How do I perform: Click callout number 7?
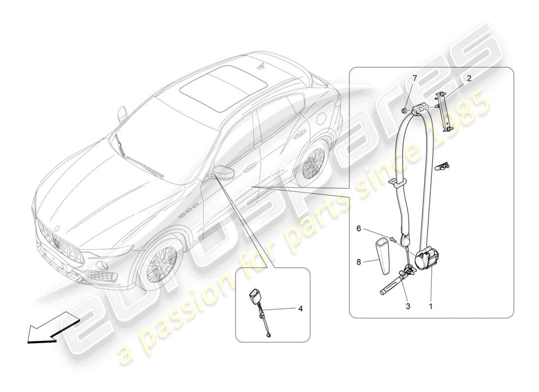pos(415,78)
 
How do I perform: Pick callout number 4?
pos(300,309)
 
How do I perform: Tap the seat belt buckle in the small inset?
pos(256,297)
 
